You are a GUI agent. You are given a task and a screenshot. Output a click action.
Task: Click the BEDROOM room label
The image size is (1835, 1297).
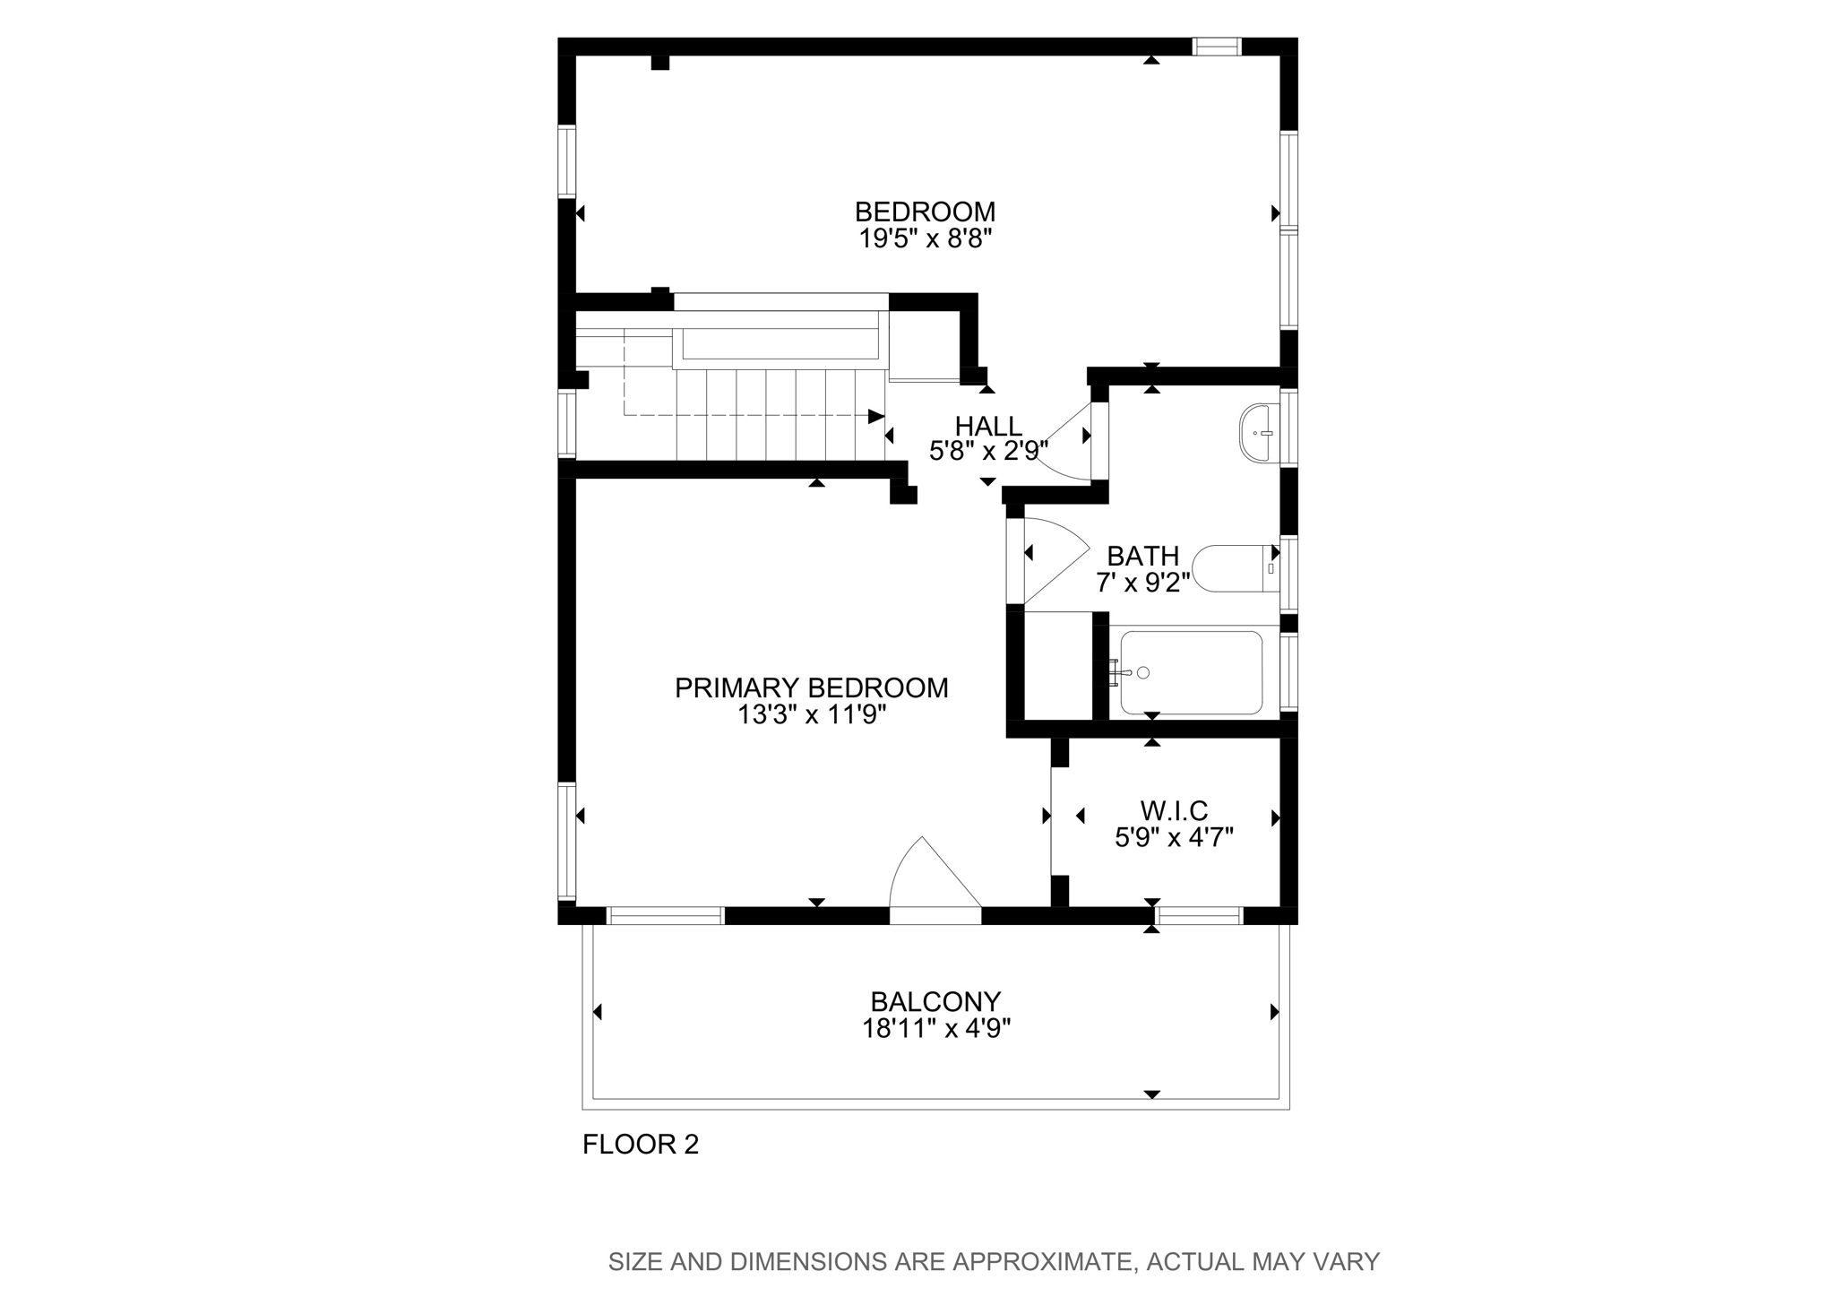[x=925, y=212]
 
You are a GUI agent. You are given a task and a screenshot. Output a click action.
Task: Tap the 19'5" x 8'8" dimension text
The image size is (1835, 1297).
[x=925, y=239]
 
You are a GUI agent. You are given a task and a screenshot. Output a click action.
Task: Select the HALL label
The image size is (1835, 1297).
[x=987, y=426]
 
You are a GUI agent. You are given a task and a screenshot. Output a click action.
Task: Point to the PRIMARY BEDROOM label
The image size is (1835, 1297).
[x=811, y=688]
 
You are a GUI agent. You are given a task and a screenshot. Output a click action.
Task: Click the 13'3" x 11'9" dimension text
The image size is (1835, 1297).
[x=811, y=715]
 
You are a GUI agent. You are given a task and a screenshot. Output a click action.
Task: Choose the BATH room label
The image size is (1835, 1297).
[x=1142, y=557]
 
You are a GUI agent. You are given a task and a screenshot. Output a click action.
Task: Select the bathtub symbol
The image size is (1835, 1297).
[x=1192, y=672]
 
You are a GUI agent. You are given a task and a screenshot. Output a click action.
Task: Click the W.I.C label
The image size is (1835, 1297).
[x=1174, y=811]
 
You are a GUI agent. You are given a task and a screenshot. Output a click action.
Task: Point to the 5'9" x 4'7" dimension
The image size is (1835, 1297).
[x=1174, y=838]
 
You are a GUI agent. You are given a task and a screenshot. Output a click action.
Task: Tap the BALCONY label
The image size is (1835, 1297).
[x=935, y=1001]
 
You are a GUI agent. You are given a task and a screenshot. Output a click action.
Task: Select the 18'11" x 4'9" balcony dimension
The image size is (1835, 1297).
[x=935, y=1028]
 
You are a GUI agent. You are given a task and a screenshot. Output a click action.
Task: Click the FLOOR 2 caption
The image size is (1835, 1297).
[x=640, y=1145]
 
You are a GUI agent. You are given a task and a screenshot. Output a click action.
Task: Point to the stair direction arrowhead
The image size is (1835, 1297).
[x=875, y=416]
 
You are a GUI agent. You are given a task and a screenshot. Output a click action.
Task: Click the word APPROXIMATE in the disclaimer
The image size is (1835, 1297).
[x=1039, y=1262]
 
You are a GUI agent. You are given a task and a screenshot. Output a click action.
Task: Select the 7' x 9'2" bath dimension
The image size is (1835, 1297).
[x=1142, y=584]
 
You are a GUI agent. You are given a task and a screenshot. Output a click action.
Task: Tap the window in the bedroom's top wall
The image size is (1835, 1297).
[x=1216, y=47]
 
